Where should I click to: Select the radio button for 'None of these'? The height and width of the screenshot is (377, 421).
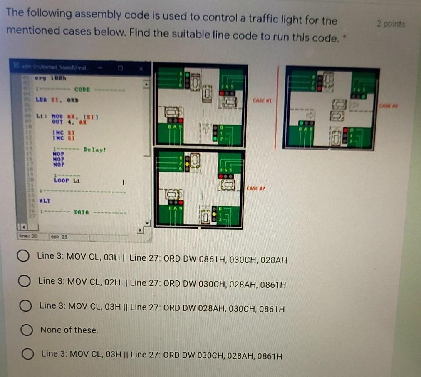27,330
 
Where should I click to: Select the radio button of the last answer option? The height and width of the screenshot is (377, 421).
27,355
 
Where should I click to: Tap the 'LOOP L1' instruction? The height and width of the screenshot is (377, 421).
67,181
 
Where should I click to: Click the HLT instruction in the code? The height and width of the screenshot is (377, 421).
45,201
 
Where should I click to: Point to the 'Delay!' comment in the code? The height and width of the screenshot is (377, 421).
95,150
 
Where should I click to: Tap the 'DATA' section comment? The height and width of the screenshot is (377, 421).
81,212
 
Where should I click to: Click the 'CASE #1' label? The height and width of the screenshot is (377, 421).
262,100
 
